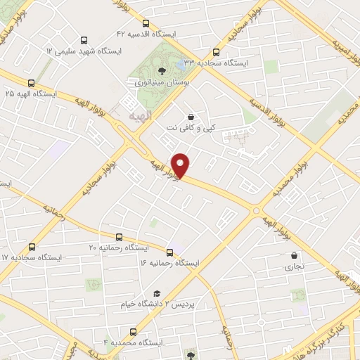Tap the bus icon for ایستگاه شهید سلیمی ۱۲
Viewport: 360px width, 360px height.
tap(84, 41)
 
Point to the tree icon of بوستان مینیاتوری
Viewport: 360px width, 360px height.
tap(162, 70)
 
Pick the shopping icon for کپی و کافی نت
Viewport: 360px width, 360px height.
tap(191, 117)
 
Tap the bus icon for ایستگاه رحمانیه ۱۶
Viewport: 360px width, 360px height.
tap(169, 252)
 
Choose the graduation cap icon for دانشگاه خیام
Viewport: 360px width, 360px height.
tap(157, 293)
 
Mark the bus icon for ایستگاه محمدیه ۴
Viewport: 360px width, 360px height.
tap(133, 331)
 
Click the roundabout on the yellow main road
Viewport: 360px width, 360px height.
tap(257, 210)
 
